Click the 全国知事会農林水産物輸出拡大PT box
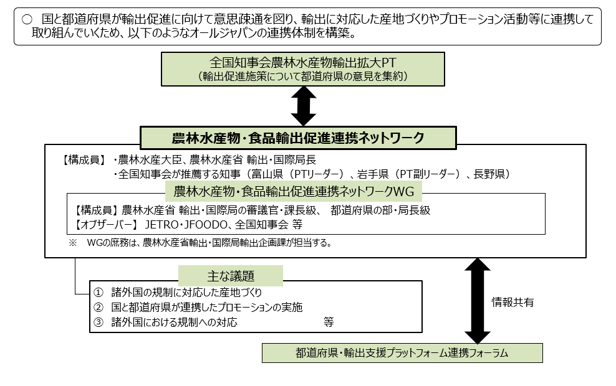click(x=304, y=68)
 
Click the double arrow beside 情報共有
click(x=478, y=301)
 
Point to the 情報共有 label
click(x=513, y=303)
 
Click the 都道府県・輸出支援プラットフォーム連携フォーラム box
click(x=402, y=353)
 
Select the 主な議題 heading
click(x=230, y=275)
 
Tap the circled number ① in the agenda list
click(x=97, y=292)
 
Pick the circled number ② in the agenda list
click(x=97, y=307)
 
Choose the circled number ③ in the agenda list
click(x=97, y=322)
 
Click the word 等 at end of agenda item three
click(x=329, y=322)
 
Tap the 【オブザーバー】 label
click(x=105, y=224)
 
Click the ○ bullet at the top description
click(x=26, y=19)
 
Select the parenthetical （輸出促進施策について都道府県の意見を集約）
click(x=304, y=77)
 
